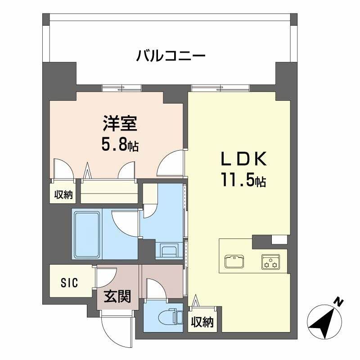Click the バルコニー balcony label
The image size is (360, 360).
click(171, 57)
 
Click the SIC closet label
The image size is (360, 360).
click(70, 283)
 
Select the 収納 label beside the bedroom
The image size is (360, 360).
click(63, 194)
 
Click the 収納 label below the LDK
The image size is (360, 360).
click(202, 321)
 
